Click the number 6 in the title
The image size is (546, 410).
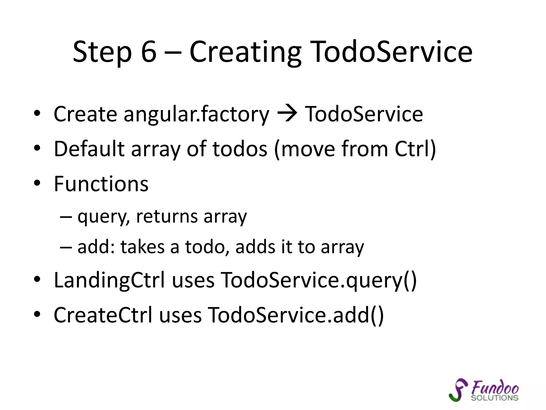148,52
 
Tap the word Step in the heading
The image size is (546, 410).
102,52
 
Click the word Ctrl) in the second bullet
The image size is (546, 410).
415,149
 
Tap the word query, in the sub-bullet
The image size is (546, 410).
104,217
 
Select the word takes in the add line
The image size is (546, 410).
142,247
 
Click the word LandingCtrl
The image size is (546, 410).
109,280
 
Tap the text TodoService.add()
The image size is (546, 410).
295,315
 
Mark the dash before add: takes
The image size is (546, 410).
66,247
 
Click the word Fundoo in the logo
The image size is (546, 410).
495,387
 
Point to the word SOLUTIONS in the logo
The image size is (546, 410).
494,398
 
